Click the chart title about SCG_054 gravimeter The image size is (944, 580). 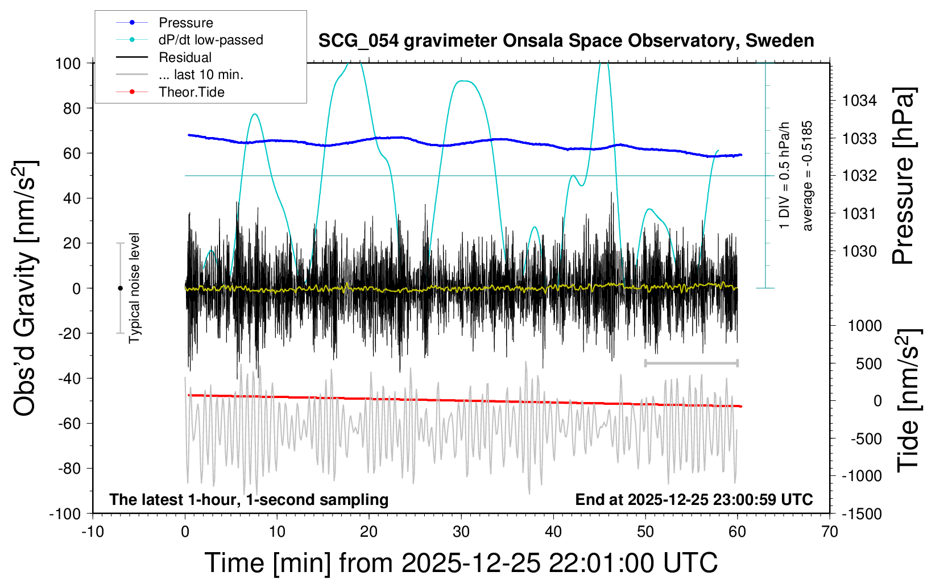click(x=566, y=41)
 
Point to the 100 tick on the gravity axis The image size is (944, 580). click(x=68, y=63)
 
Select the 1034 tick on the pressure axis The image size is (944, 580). click(x=859, y=101)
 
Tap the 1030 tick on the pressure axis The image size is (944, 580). click(x=859, y=251)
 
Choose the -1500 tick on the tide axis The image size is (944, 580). click(x=862, y=514)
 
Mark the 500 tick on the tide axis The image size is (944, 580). click(x=868, y=364)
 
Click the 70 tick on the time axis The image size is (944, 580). click(x=830, y=532)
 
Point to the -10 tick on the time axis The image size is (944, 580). click(x=93, y=532)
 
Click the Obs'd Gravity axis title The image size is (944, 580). click(x=26, y=288)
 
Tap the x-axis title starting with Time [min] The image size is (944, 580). click(x=461, y=563)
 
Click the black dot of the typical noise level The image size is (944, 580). click(x=120, y=288)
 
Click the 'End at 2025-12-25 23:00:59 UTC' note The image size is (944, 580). click(x=694, y=500)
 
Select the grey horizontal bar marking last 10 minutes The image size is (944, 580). click(x=691, y=363)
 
